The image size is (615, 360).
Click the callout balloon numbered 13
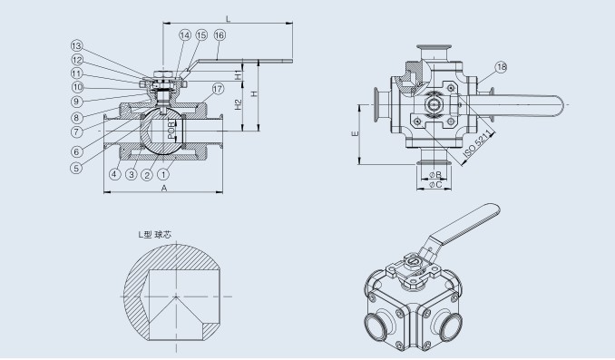[x=76, y=45]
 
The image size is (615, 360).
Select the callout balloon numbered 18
[x=503, y=67]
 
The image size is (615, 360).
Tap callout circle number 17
[x=217, y=88]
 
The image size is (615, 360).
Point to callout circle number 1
[x=163, y=173]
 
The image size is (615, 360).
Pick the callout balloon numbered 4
[x=114, y=173]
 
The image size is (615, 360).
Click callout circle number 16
[x=220, y=35]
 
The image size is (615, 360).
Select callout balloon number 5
[x=76, y=167]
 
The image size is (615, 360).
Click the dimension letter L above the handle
[x=228, y=18]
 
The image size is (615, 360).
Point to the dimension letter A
[x=163, y=189]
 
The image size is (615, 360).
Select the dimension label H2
[x=238, y=105]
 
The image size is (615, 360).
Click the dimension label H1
[x=237, y=75]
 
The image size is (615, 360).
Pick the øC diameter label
[x=435, y=186]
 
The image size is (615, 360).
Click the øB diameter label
[x=435, y=173]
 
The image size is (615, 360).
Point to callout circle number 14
[x=185, y=35]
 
